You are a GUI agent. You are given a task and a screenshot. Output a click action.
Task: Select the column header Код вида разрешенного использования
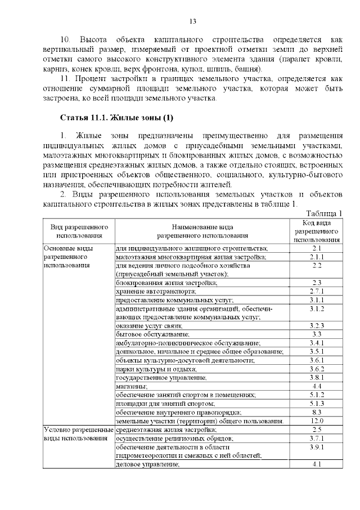(316, 231)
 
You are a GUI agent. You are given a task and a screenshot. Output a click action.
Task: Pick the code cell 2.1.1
(317, 257)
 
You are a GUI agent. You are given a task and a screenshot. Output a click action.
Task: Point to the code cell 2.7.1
(317, 291)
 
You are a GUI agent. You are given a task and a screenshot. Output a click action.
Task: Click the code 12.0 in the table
(317, 420)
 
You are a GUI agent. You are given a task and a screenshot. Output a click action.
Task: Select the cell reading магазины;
(132, 386)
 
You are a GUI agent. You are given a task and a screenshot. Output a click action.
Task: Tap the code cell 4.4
(317, 386)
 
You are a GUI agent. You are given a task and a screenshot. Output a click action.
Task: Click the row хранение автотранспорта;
(156, 291)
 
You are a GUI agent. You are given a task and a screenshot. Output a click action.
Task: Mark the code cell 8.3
(317, 412)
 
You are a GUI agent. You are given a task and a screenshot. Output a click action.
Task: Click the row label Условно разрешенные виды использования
(78, 433)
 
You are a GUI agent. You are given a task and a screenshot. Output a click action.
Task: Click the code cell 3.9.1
(317, 446)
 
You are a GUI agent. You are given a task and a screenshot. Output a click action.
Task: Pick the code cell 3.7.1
(317, 438)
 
